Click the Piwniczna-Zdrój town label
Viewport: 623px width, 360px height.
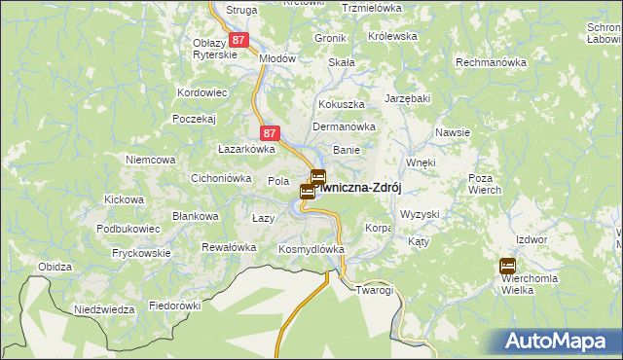pyautogui.click(x=360, y=187)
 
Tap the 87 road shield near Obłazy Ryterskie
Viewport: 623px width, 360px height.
pyautogui.click(x=238, y=41)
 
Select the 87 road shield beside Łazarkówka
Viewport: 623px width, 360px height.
pyautogui.click(x=272, y=133)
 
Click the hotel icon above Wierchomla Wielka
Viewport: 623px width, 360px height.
pyautogui.click(x=507, y=266)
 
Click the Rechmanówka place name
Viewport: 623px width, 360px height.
pyautogui.click(x=492, y=62)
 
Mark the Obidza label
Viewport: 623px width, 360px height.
pyautogui.click(x=55, y=267)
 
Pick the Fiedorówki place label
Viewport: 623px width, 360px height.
pyautogui.click(x=174, y=306)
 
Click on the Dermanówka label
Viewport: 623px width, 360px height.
pyautogui.click(x=344, y=126)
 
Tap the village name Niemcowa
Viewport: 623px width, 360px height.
pyautogui.click(x=150, y=159)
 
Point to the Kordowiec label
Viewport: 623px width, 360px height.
pyautogui.click(x=202, y=92)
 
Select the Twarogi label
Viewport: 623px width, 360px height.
pyautogui.click(x=374, y=290)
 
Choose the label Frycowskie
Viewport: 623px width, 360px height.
pyautogui.click(x=141, y=253)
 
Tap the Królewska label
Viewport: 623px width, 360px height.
pyautogui.click(x=393, y=36)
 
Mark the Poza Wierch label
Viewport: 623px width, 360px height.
pyautogui.click(x=484, y=184)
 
